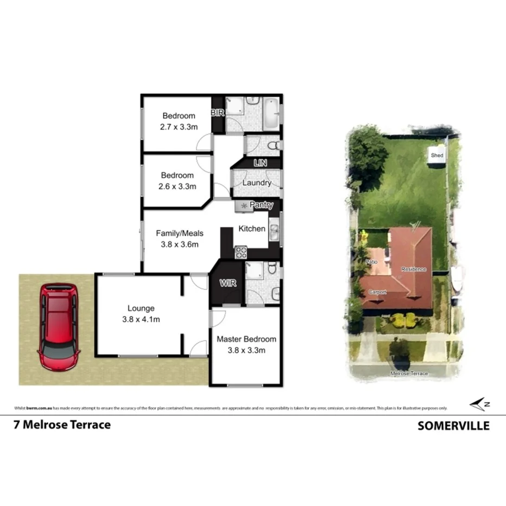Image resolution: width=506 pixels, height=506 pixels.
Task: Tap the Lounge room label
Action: [141, 308]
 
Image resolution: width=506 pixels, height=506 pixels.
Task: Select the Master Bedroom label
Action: [246, 339]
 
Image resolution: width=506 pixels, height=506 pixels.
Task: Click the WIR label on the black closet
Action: [227, 283]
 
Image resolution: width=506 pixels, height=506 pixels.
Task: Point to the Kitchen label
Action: [252, 229]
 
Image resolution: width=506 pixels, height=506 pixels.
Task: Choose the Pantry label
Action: [261, 205]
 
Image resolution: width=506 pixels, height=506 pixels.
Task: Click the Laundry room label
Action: [256, 183]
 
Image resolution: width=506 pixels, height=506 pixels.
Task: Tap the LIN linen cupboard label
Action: [261, 163]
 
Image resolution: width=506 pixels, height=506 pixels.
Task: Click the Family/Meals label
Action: [179, 233]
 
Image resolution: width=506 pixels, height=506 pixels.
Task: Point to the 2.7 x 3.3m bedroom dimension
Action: [178, 126]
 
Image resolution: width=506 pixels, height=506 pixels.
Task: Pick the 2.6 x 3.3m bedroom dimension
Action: [177, 186]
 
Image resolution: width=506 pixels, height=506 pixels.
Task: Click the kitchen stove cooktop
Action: [241, 252]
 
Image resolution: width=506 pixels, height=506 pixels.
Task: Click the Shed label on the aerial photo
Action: [437, 156]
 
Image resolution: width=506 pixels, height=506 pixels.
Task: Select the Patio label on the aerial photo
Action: [371, 262]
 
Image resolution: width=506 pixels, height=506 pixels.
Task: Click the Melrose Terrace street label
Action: [409, 374]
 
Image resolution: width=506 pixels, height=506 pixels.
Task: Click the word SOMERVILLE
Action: [453, 426]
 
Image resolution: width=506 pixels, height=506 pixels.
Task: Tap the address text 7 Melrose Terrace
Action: [62, 425]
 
